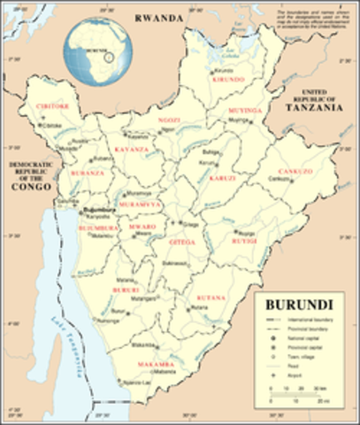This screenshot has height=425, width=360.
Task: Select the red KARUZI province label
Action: coord(222,178)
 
